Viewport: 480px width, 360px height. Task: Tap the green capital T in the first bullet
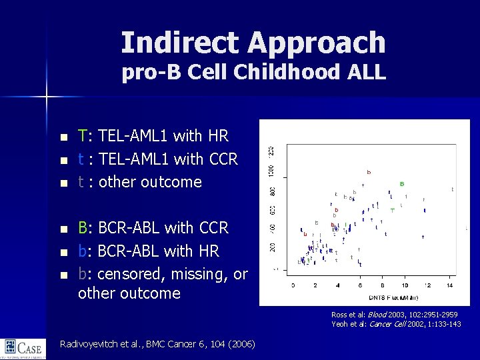[x=83, y=137]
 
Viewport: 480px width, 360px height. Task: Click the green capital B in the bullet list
[x=83, y=229]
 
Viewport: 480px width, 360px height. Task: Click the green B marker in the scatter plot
[x=401, y=183]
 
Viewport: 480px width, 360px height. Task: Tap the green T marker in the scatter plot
[x=393, y=211]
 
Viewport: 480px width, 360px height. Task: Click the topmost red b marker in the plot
[x=369, y=172]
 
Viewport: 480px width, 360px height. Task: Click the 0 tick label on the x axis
[x=294, y=285]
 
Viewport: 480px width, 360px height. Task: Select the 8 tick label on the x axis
[x=383, y=285]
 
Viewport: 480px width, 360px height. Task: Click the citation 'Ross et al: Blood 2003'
[x=394, y=314]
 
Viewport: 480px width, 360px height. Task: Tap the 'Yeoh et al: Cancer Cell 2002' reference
[x=394, y=323]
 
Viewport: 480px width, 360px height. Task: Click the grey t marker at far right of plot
[x=453, y=189]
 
